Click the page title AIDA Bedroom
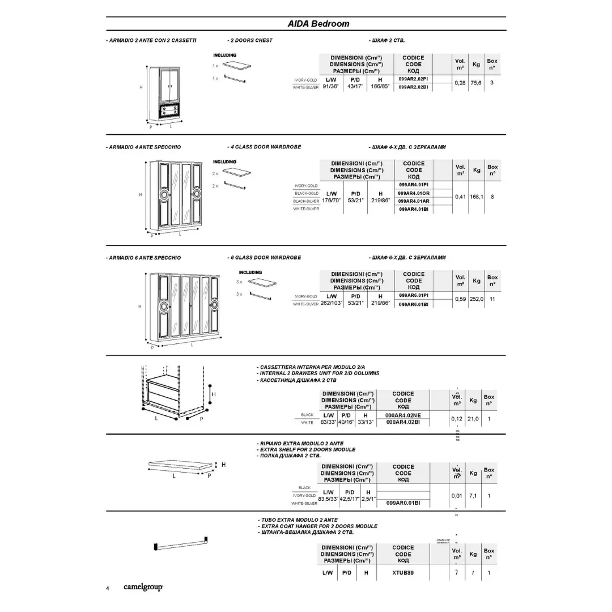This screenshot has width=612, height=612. (x=318, y=24)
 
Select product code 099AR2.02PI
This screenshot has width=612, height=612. (x=413, y=79)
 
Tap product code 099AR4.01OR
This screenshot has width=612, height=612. (x=414, y=193)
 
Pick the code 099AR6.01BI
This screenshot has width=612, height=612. (x=414, y=304)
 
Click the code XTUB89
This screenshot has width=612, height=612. (x=403, y=573)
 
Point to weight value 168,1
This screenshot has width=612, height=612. (x=477, y=197)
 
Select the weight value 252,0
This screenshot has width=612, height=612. (x=476, y=299)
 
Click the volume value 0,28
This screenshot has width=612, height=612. (x=460, y=83)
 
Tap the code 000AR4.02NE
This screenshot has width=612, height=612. (x=403, y=415)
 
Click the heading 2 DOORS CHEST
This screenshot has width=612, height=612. (x=250, y=40)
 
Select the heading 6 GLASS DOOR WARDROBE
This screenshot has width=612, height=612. (x=265, y=257)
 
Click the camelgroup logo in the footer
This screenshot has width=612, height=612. (x=143, y=587)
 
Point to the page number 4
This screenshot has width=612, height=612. (x=108, y=588)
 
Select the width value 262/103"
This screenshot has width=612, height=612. (x=330, y=303)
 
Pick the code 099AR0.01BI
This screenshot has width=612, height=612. (x=403, y=503)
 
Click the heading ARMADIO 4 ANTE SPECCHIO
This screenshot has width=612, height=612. (x=144, y=147)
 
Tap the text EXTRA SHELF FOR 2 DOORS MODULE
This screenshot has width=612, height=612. (x=307, y=449)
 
